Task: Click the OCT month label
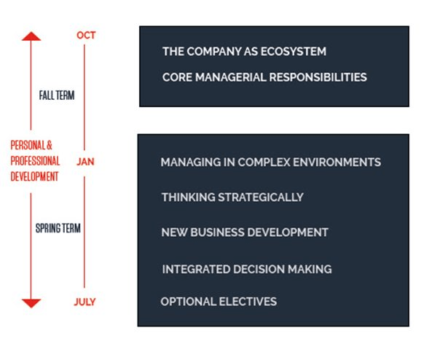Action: (86, 35)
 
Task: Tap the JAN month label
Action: (85, 162)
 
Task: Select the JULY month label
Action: (84, 302)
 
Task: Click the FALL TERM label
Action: (57, 95)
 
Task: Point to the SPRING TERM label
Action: (58, 228)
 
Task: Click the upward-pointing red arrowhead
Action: (31, 36)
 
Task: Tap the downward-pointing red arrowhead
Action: (31, 303)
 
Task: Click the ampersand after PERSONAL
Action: (50, 145)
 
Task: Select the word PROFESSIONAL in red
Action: (36, 161)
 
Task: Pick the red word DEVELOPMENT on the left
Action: (34, 176)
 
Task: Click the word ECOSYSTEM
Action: (294, 51)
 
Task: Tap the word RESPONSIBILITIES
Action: (318, 77)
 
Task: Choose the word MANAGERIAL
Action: (231, 77)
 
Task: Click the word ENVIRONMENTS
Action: (337, 162)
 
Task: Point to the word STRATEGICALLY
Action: (261, 197)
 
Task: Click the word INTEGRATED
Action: (196, 269)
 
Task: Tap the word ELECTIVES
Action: (248, 302)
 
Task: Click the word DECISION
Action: (259, 269)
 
